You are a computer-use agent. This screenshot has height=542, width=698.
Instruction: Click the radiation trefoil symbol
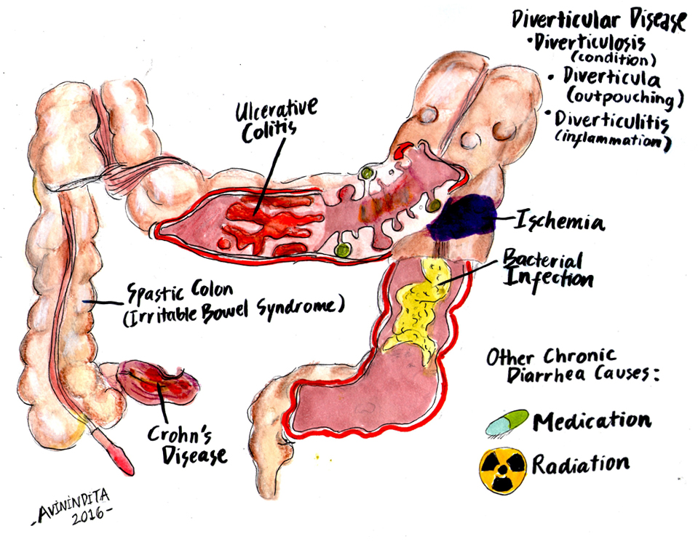pyautogui.click(x=503, y=470)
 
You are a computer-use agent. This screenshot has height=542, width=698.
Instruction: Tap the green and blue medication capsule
pyautogui.click(x=507, y=422)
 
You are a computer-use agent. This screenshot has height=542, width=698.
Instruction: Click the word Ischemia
pyautogui.click(x=560, y=220)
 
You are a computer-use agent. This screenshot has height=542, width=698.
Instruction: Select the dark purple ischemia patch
pyautogui.click(x=463, y=218)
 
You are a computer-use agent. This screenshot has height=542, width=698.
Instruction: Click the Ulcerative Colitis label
pyautogui.click(x=276, y=120)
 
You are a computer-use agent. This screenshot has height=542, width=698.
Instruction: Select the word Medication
pyautogui.click(x=592, y=421)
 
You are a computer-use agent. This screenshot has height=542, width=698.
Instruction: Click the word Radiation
pyautogui.click(x=581, y=465)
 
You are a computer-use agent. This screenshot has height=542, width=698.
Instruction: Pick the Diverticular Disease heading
pyautogui.click(x=599, y=20)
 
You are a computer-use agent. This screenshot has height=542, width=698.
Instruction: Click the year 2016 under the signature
pyautogui.click(x=88, y=517)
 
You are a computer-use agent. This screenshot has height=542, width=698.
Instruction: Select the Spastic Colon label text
pyautogui.click(x=180, y=292)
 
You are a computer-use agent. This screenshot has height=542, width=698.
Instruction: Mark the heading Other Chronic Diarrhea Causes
pyautogui.click(x=572, y=366)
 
